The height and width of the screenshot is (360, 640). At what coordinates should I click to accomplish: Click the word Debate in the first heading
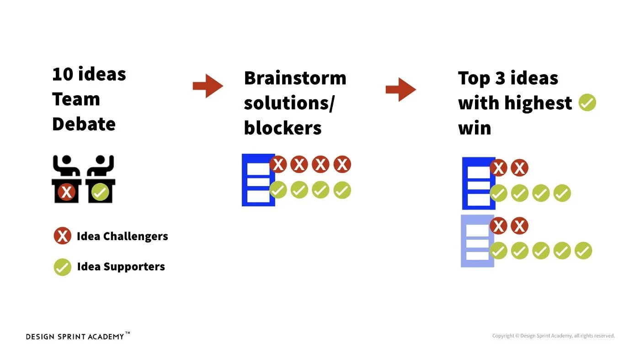coord(84,124)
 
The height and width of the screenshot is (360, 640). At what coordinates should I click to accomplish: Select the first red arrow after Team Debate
coord(208,86)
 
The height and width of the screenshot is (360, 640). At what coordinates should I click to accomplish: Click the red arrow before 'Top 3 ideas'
coord(401,89)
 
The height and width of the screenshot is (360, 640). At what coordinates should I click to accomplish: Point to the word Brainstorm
coord(295,78)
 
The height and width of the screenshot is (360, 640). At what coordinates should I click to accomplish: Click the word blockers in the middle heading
coord(283,128)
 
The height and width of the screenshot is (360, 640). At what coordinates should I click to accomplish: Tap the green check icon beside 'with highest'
coord(587,102)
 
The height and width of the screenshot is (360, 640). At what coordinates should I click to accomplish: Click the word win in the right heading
coord(475,128)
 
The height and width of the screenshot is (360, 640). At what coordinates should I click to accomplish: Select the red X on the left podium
coord(67,192)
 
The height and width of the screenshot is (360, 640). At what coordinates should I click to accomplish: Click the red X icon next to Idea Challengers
coord(62,236)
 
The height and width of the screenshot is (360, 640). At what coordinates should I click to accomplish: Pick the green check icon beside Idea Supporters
coord(62,267)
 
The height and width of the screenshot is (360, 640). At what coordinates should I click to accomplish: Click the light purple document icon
coord(477,241)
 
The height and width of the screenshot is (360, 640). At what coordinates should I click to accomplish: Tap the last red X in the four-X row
coord(342,164)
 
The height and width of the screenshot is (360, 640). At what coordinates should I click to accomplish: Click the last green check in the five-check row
coord(583,251)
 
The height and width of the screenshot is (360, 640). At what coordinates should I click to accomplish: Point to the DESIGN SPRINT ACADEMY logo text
coord(75,337)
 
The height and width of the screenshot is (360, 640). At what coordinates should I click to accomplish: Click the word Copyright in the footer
coord(503,336)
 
